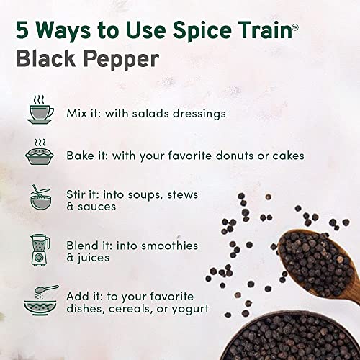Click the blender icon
click(37, 250)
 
